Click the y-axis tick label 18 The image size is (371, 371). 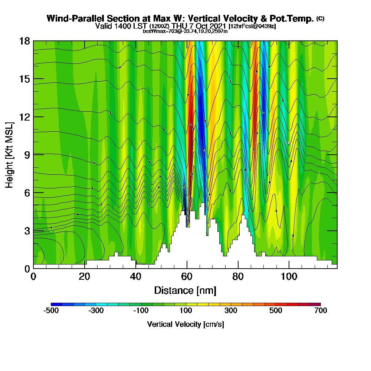pyautogui.click(x=24, y=41)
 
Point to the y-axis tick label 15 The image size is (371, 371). pyautogui.click(x=24, y=79)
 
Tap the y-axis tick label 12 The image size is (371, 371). pyautogui.click(x=24, y=116)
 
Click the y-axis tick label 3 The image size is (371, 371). pyautogui.click(x=27, y=230)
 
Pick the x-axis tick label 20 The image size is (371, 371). pyautogui.click(x=85, y=277)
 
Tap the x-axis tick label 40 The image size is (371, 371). pyautogui.click(x=136, y=277)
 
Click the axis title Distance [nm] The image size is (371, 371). pyautogui.click(x=185, y=290)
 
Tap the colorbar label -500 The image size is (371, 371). pyautogui.click(x=51, y=311)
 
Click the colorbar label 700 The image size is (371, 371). pyautogui.click(x=321, y=311)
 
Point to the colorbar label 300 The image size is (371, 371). pyautogui.click(x=231, y=311)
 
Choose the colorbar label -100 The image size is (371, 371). pyautogui.click(x=141, y=311)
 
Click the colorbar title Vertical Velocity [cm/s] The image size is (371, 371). pyautogui.click(x=185, y=324)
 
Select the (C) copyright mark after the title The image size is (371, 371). pyautogui.click(x=320, y=18)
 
